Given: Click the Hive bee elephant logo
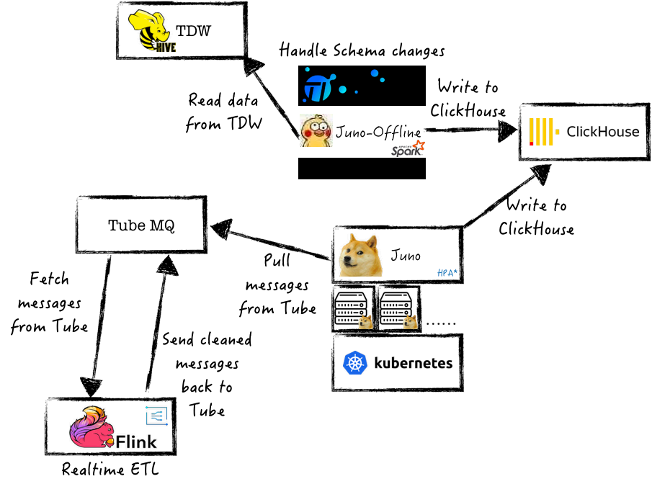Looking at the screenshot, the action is [x=152, y=31].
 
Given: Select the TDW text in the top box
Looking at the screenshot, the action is [x=193, y=31].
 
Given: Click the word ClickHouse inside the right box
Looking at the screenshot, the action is [x=603, y=132].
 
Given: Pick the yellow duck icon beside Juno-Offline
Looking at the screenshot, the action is [x=316, y=130].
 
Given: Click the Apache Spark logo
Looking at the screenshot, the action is [x=408, y=149].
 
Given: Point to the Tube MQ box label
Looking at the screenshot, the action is [x=141, y=225].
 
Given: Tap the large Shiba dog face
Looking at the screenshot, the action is [x=360, y=255].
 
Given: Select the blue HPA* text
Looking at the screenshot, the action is [x=447, y=273].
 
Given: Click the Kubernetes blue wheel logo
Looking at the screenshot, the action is [x=354, y=362].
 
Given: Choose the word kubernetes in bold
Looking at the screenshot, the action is [x=414, y=363].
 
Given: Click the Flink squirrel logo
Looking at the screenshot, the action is [x=91, y=427].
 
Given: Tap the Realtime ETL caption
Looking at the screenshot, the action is [x=110, y=470].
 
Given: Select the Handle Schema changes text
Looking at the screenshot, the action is [x=362, y=50].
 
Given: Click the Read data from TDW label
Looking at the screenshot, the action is [x=223, y=112].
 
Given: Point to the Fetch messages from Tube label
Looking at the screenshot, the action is [x=49, y=302].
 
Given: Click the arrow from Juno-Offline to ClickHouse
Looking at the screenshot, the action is [x=470, y=130].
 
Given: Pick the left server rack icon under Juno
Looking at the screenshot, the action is [x=354, y=308].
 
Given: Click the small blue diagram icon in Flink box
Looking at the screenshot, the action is [x=157, y=416].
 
